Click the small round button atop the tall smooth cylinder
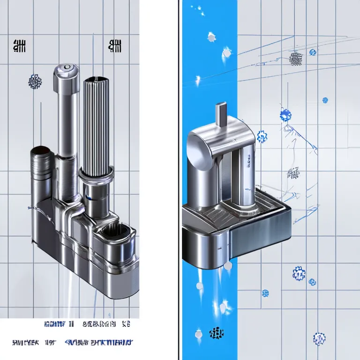tap(66, 68)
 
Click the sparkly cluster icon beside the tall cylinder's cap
tap(35, 82)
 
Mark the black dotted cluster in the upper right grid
tap(295, 59)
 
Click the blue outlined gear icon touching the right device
tap(262, 137)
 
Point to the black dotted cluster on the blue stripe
tap(216, 333)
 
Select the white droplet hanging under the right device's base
tap(227, 266)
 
